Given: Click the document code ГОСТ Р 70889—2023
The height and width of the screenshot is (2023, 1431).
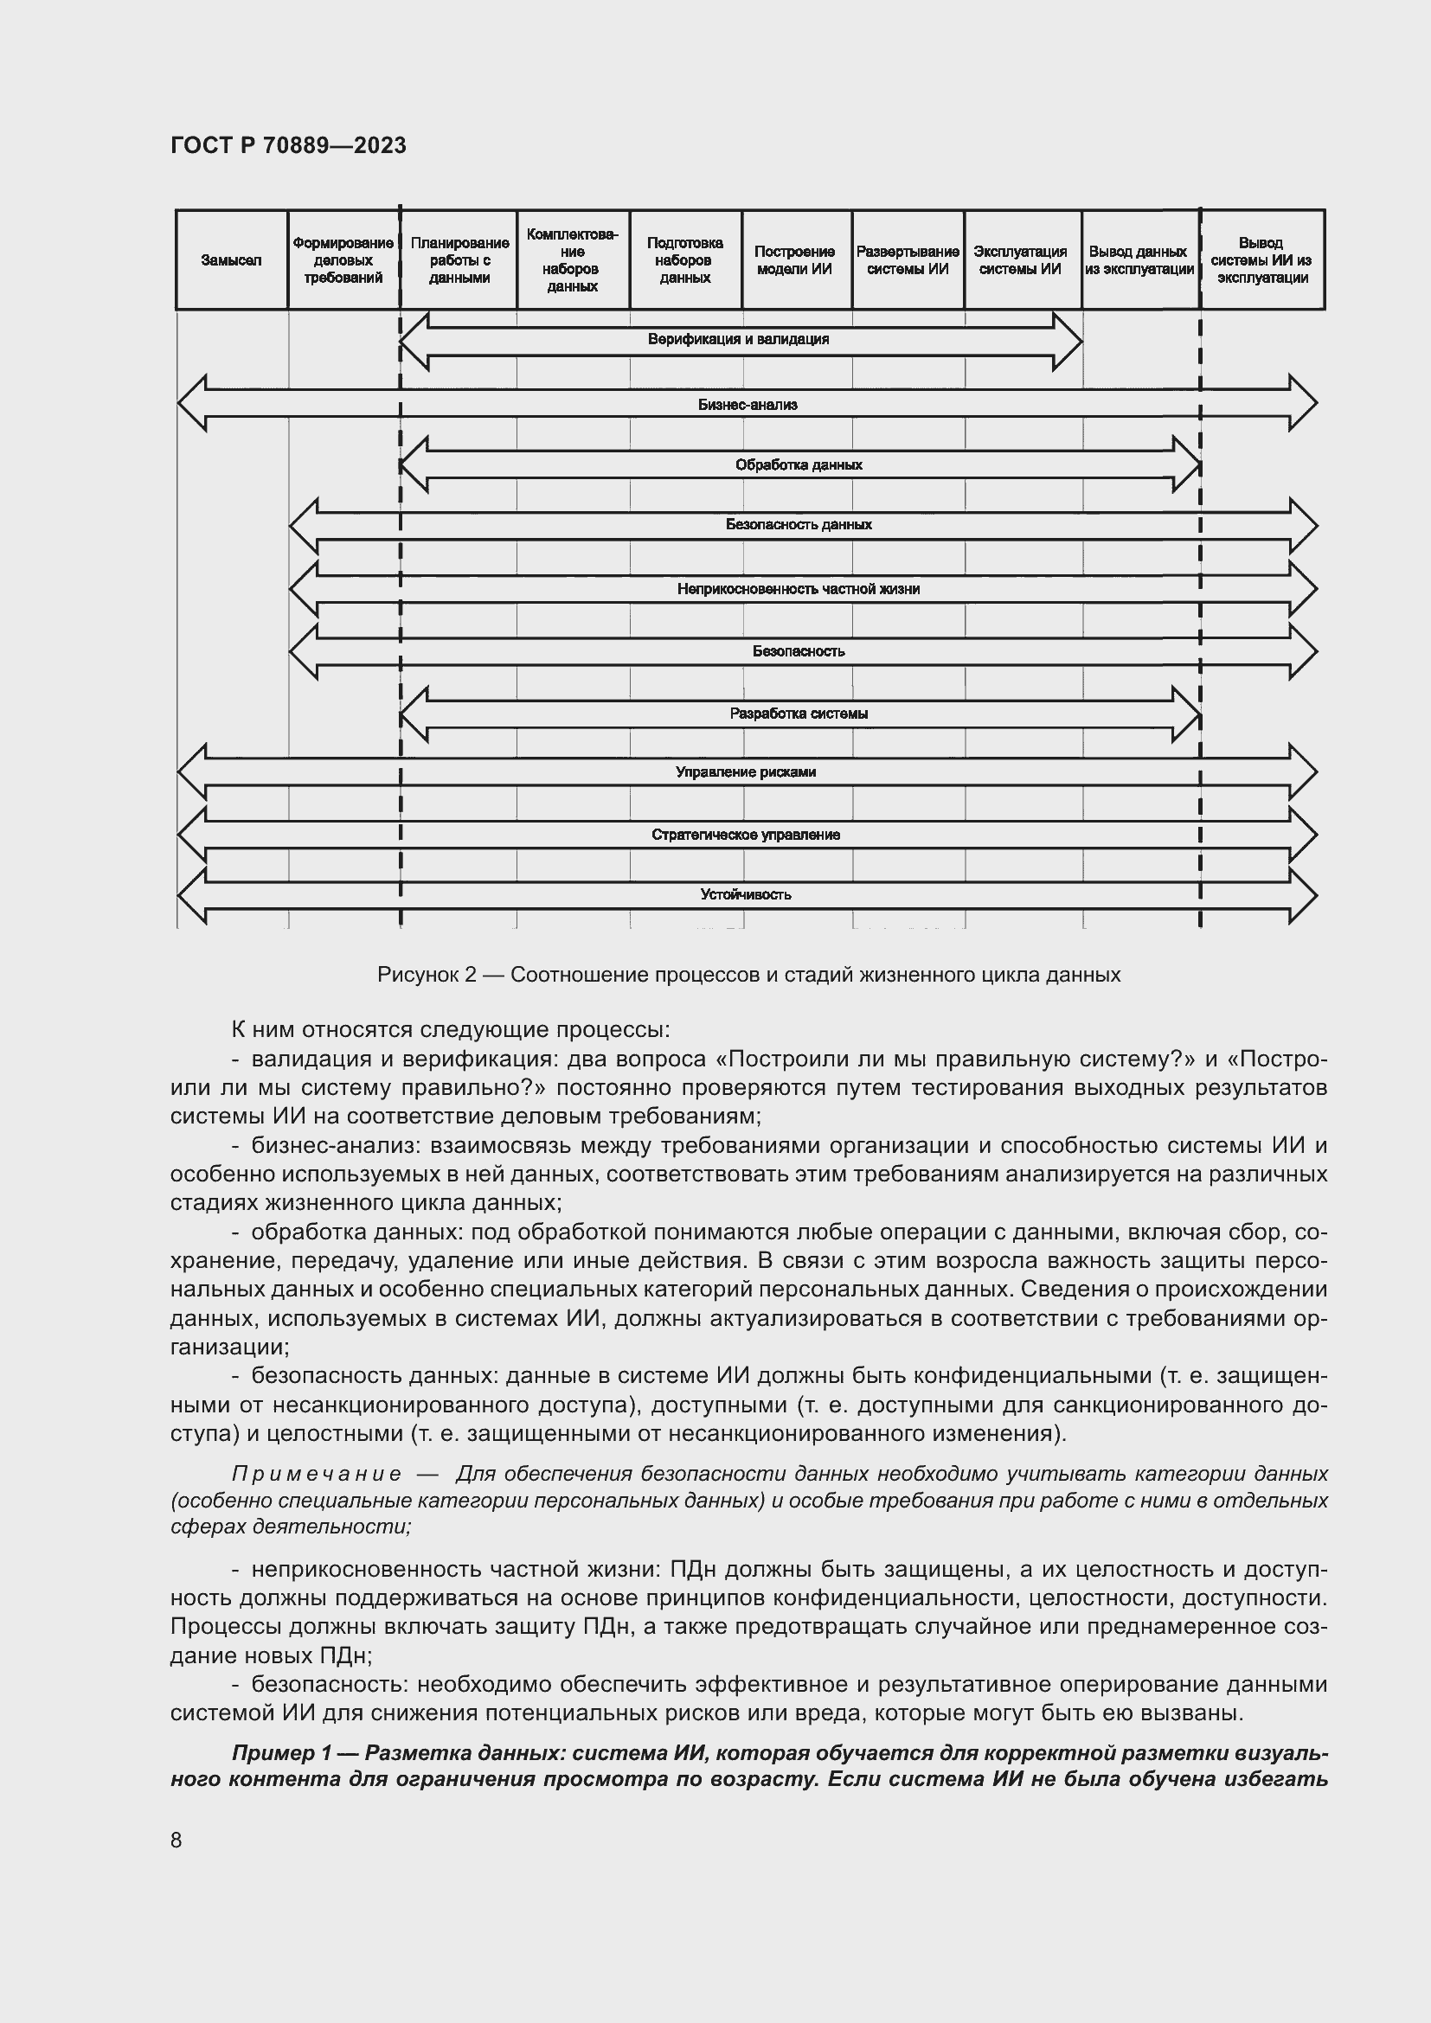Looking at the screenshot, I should tap(288, 145).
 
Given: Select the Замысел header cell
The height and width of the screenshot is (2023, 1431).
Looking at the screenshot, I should tap(231, 260).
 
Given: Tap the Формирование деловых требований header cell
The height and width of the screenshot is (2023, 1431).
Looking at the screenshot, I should tap(343, 260).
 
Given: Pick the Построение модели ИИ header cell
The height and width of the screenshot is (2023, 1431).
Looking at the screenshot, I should tap(795, 260).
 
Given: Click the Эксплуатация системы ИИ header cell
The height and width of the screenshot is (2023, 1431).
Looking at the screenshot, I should tap(1020, 260).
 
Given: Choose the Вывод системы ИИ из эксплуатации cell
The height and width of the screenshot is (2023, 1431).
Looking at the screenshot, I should tap(1261, 260).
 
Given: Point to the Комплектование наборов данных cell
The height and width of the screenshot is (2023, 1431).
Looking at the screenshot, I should tap(572, 260).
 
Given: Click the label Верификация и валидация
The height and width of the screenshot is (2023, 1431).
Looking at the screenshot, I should tap(737, 339).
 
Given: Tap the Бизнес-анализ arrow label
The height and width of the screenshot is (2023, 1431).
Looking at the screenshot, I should tap(748, 406).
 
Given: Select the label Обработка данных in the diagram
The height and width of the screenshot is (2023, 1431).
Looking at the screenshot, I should tap(799, 464).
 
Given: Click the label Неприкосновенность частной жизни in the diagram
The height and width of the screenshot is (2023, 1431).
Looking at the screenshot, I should tap(799, 589).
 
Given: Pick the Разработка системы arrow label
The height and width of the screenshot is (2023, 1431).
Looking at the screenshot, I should tap(799, 714).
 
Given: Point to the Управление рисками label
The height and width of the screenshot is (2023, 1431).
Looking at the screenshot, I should tap(746, 771).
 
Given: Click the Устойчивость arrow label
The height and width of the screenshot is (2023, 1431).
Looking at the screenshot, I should tap(746, 894).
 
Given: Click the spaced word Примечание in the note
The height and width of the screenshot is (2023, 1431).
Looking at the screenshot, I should tap(317, 1474).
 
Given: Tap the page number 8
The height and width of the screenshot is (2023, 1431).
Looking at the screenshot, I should tap(176, 1840).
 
